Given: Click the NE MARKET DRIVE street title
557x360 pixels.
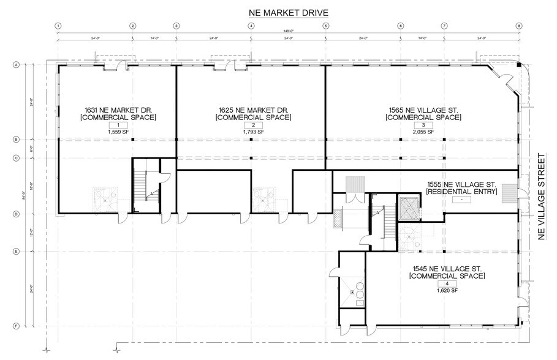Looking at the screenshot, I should click(x=288, y=12).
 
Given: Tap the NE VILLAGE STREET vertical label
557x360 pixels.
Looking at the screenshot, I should click(x=541, y=197).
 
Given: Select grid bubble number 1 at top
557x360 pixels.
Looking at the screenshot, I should click(x=58, y=26).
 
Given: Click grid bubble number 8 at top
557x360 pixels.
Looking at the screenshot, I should click(x=519, y=26).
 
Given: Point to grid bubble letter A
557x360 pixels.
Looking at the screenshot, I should click(x=17, y=64).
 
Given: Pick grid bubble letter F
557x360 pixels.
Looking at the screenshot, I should click(x=17, y=326).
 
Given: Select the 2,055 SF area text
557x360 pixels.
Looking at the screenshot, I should click(x=423, y=132).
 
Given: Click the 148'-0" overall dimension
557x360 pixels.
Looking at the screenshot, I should click(x=288, y=32).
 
